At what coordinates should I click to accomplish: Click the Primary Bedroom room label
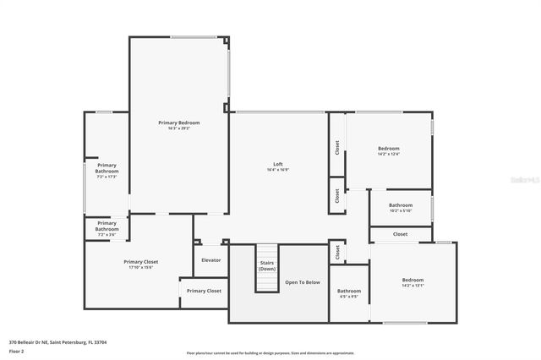pos(178,123)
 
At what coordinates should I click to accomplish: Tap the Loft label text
pos(277,164)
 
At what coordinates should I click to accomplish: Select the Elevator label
pos(211,259)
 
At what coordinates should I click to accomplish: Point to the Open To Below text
pos(302,282)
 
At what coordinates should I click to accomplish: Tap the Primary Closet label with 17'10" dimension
pos(140,262)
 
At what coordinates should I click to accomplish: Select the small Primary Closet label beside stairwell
pos(204,291)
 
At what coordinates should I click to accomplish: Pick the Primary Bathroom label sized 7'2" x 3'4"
pos(107,226)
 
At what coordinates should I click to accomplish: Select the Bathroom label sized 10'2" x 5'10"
pos(401,205)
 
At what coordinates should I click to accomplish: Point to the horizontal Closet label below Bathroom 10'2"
pos(401,234)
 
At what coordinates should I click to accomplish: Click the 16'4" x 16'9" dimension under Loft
pos(277,170)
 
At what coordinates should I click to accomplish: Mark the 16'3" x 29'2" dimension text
pos(178,128)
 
